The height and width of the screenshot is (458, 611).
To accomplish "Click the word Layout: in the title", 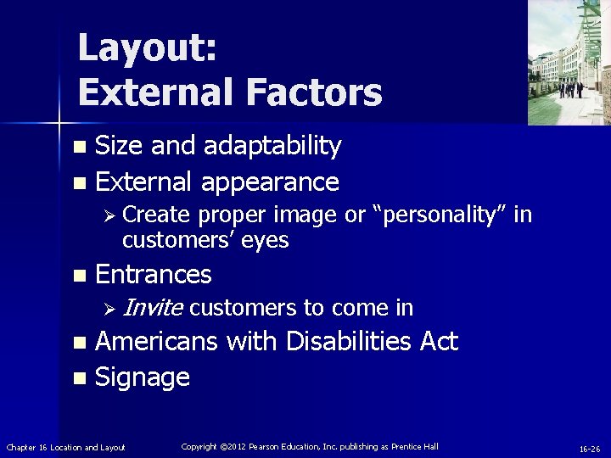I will [x=147, y=48].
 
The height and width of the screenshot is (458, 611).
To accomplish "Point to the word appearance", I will [x=271, y=182].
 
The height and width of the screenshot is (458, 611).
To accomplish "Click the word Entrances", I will [x=154, y=275].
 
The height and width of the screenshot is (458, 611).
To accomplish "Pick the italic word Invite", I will [x=153, y=308].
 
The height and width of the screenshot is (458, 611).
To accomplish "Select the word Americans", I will [x=156, y=342].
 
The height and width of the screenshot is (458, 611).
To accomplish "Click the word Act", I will [x=439, y=342].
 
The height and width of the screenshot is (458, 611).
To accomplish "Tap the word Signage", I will [x=143, y=377].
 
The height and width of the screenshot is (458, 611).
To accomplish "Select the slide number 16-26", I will [x=590, y=448].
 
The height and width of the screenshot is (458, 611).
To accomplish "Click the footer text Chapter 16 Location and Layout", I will [x=66, y=447].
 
